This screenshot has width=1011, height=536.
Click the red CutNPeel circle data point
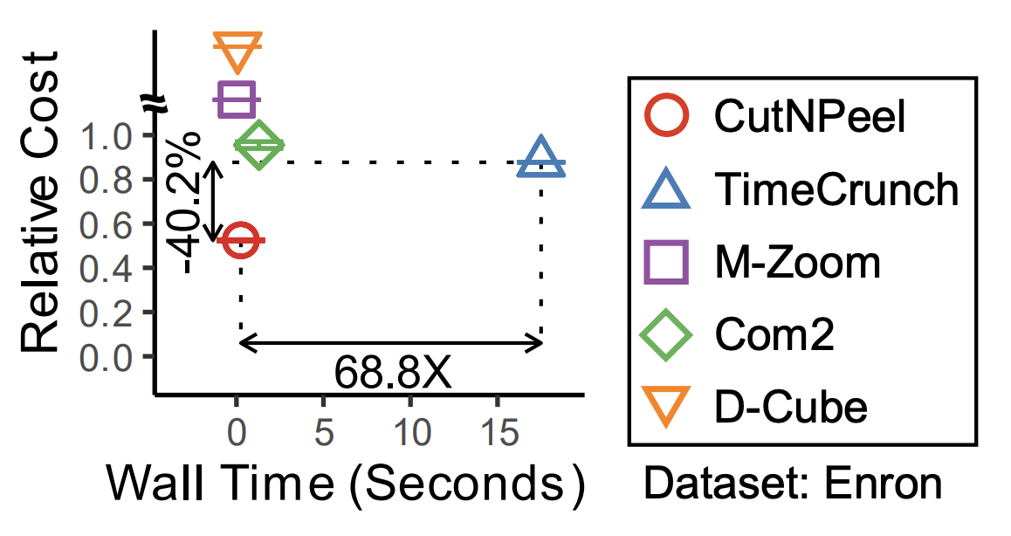coord(240,240)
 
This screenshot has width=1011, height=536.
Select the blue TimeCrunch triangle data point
coord(541,160)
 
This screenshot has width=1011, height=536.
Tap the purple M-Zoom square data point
coord(236,100)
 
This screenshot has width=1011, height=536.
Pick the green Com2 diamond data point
coord(258,145)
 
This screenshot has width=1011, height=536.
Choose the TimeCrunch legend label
coord(836,189)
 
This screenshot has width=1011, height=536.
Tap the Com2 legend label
coord(774,334)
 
